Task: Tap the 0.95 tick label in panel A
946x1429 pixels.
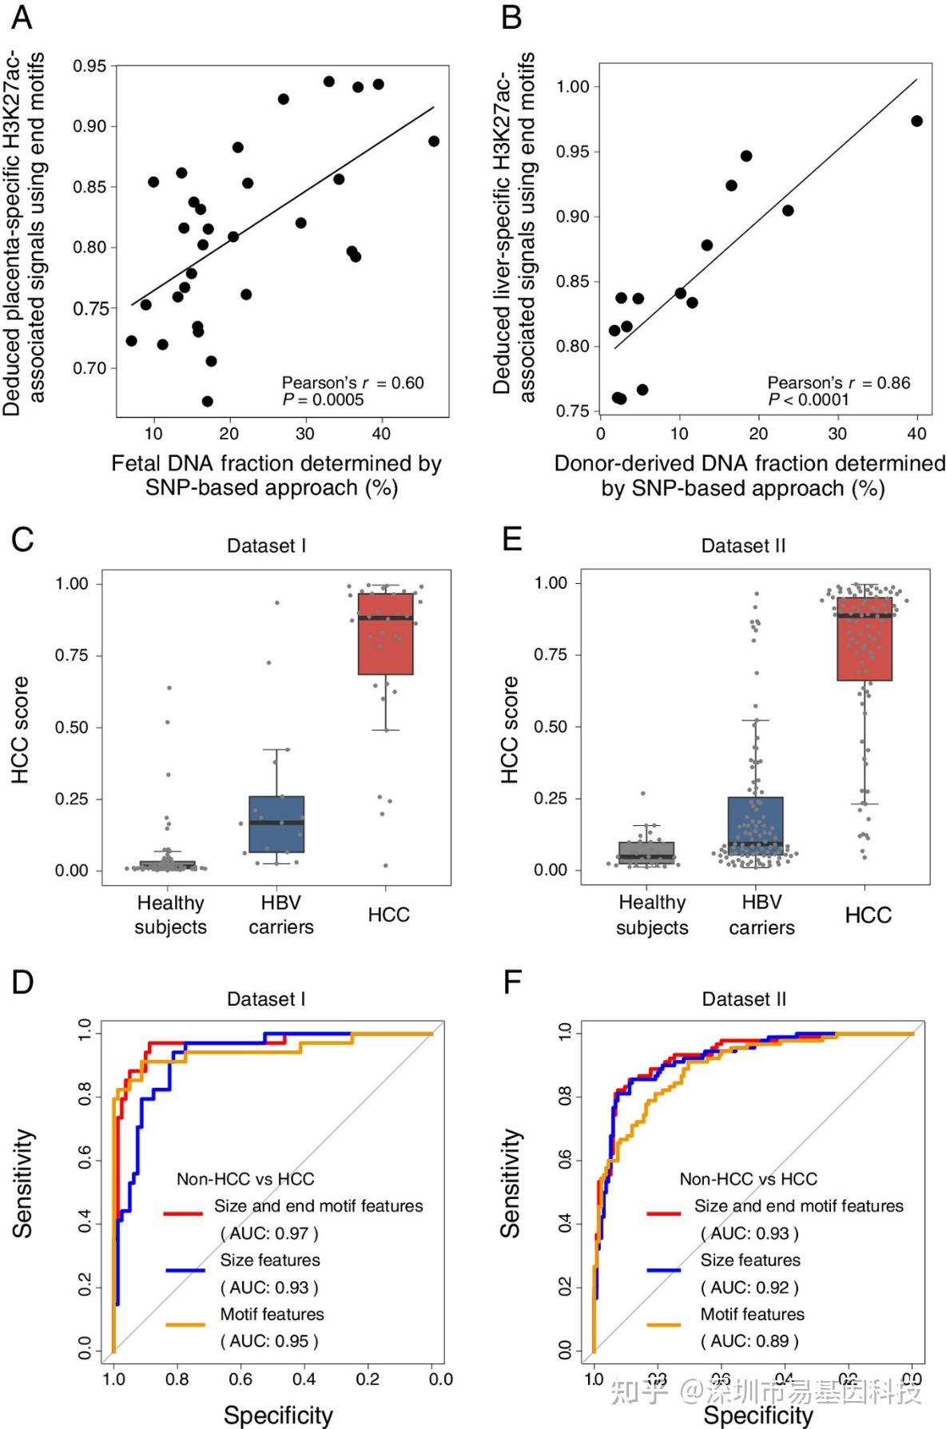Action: [x=89, y=66]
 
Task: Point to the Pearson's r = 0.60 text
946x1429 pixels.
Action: [x=352, y=383]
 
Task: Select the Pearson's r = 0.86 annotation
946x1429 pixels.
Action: [x=838, y=383]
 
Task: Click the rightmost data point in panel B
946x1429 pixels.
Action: [x=916, y=121]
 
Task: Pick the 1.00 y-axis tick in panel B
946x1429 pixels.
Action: [x=573, y=86]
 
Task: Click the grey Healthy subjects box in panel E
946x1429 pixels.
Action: [x=646, y=852]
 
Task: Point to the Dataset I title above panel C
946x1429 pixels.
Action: [x=266, y=546]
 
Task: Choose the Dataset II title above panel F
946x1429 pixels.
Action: [x=744, y=998]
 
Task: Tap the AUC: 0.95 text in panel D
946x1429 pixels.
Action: [x=269, y=1341]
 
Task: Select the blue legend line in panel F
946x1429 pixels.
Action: [x=664, y=1269]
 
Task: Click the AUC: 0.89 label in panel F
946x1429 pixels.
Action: [x=749, y=1341]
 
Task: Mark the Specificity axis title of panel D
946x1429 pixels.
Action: [x=277, y=1415]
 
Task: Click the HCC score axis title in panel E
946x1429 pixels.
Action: [x=509, y=728]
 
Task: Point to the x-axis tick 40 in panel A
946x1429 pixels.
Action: [x=381, y=434]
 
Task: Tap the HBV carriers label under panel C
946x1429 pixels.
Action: [x=280, y=915]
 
